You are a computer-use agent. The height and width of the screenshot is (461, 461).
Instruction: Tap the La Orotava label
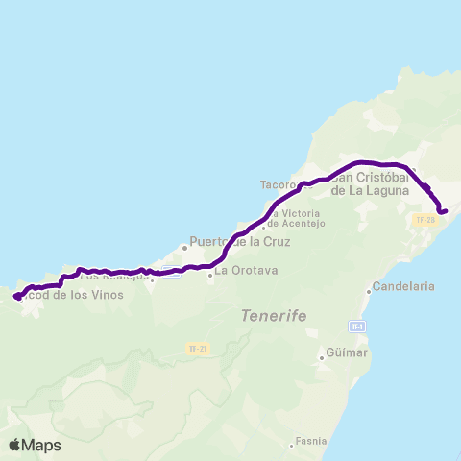pos(247,271)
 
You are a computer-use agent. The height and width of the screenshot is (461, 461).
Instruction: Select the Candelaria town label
pos(406,286)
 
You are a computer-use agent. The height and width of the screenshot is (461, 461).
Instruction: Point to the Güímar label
pos(348,353)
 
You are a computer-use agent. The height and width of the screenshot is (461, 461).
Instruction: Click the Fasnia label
pos(311,442)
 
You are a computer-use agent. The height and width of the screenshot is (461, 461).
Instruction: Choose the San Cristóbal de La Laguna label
pos(371,183)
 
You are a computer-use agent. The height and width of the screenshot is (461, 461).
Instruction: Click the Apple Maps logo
pos(35,445)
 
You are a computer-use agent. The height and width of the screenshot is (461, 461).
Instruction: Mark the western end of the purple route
pos(16,298)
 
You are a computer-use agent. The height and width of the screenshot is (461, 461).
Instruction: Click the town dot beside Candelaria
pos(369,291)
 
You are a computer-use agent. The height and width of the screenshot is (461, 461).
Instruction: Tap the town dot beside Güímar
pos(322,358)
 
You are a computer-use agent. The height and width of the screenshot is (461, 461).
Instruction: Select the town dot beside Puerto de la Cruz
pos(184,247)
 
